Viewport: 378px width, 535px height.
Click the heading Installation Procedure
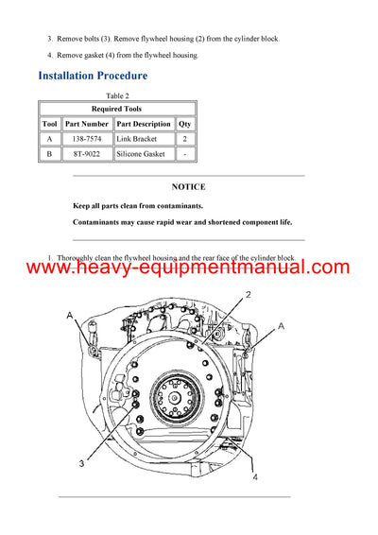(93, 75)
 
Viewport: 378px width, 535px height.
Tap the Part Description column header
(144, 124)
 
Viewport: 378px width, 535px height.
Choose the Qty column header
(185, 124)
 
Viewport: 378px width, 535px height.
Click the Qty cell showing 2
(185, 138)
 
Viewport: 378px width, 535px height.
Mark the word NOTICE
(189, 187)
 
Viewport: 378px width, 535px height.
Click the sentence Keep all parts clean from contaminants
(137, 205)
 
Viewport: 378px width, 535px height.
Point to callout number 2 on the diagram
(248, 295)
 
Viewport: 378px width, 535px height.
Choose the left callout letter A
(69, 315)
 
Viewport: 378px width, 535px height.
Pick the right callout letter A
(281, 324)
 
